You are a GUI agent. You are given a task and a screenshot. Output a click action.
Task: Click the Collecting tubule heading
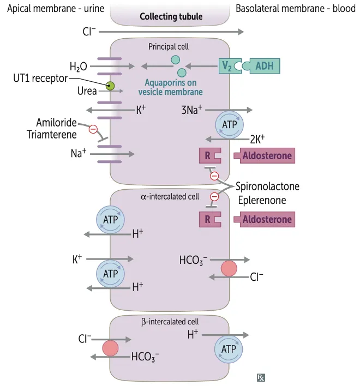[x=171, y=16]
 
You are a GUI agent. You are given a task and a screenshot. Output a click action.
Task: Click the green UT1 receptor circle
[x=110, y=85]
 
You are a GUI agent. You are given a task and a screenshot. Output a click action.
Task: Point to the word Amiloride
[x=56, y=123]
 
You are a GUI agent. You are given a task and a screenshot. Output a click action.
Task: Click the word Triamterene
[x=52, y=134]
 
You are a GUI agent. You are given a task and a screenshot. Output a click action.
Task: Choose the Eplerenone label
[x=262, y=200]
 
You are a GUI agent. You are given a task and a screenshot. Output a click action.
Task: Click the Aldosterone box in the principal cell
[x=267, y=156]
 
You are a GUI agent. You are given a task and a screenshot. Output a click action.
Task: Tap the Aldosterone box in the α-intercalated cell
[x=267, y=220]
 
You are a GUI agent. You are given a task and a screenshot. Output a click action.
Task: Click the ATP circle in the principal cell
[x=230, y=125]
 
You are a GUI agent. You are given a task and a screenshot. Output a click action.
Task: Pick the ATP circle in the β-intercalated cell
[x=230, y=348]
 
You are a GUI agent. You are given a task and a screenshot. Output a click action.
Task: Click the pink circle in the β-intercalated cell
[x=111, y=348]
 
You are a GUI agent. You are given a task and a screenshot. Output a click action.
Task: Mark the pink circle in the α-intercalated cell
[x=229, y=269]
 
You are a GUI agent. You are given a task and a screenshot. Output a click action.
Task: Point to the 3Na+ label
[x=192, y=110]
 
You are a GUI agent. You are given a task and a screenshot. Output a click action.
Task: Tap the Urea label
[x=87, y=91]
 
